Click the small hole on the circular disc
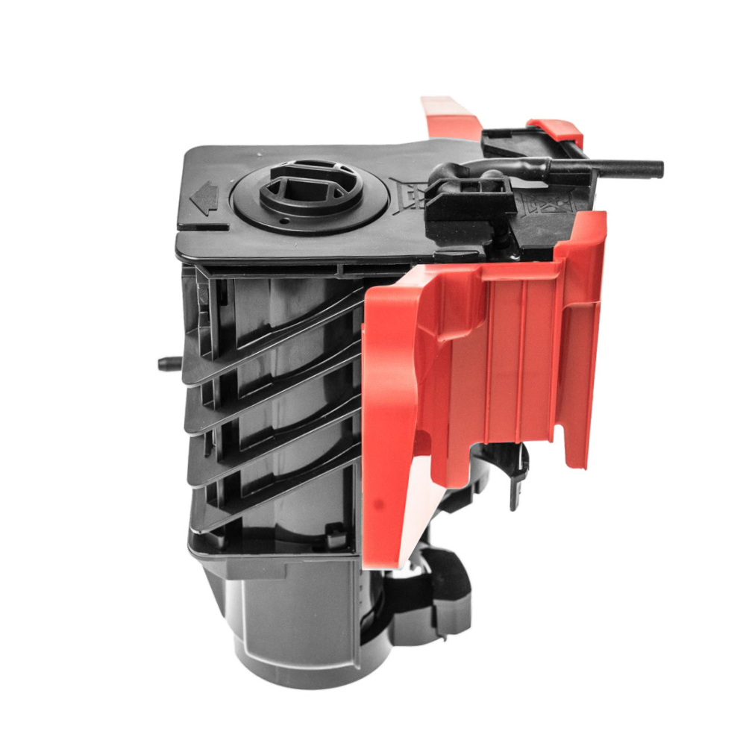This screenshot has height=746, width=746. click(284, 220)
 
